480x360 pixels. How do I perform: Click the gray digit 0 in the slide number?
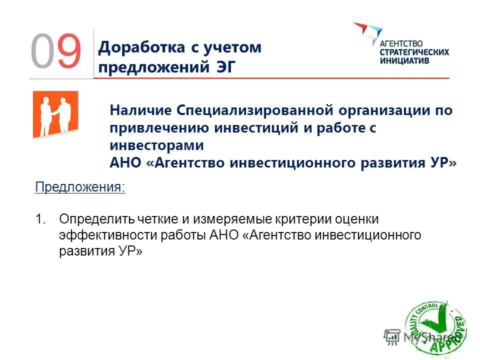coord(42,51)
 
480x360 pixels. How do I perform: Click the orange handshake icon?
coord(55,113)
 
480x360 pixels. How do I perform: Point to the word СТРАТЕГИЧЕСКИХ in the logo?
coord(414,52)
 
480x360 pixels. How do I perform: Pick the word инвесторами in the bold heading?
coord(157,145)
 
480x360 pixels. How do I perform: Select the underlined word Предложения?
coord(80,187)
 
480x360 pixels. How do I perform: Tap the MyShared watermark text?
coord(423,338)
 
